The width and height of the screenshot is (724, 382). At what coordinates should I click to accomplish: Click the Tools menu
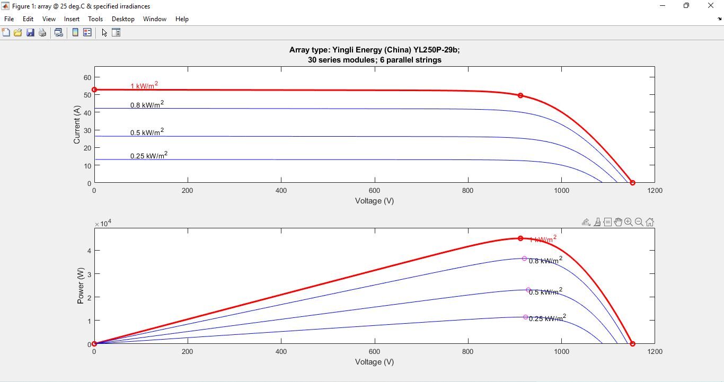point(95,19)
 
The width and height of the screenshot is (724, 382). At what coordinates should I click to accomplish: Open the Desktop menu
point(123,19)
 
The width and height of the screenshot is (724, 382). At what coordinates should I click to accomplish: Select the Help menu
point(182,19)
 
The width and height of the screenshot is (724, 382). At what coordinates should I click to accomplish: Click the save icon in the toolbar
point(30,33)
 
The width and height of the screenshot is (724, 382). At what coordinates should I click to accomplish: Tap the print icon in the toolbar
point(42,33)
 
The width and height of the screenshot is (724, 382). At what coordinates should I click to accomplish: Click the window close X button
point(711,6)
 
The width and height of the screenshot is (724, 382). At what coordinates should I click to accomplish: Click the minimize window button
point(662,6)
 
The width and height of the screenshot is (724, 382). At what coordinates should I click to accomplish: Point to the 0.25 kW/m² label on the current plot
point(149,156)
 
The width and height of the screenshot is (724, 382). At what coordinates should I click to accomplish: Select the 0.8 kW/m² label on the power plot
point(545,261)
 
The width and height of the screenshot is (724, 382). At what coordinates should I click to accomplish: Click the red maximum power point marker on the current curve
point(520,96)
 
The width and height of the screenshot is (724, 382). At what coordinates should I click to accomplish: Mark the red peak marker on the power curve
point(520,239)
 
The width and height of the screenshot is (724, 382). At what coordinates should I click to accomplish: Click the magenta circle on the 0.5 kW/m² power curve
point(528,290)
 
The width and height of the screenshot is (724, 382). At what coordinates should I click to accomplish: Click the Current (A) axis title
point(77,125)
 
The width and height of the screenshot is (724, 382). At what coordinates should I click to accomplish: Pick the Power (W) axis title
point(81,286)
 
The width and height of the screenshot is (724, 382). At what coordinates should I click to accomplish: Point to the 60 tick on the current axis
point(87,77)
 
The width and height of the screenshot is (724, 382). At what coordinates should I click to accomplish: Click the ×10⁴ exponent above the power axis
point(103,224)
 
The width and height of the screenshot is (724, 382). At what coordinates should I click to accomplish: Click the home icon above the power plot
point(650,223)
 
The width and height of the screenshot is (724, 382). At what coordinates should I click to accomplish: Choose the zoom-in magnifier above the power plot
point(629,223)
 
